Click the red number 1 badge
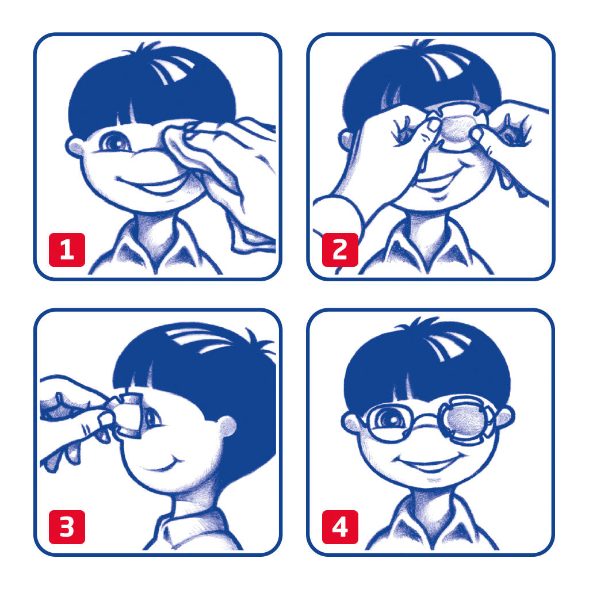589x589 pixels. click(67, 250)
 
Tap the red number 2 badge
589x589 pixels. click(340, 250)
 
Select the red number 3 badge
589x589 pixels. click(67, 527)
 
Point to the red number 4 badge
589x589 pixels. click(340, 527)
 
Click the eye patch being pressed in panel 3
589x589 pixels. click(128, 415)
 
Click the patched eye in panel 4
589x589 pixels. click(466, 419)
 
